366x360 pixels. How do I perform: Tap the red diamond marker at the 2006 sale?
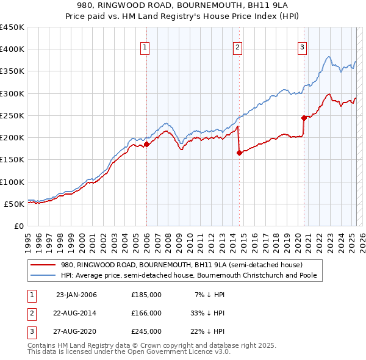(146, 145)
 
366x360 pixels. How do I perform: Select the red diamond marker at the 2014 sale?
(239, 153)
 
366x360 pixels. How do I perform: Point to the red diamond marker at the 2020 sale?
(304, 118)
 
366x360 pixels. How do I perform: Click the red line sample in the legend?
(43, 265)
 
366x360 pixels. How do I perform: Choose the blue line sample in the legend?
(43, 276)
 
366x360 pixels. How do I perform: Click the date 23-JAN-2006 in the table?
(76, 295)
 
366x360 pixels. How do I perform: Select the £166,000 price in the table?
(146, 313)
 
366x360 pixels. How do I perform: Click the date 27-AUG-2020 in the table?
(76, 331)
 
